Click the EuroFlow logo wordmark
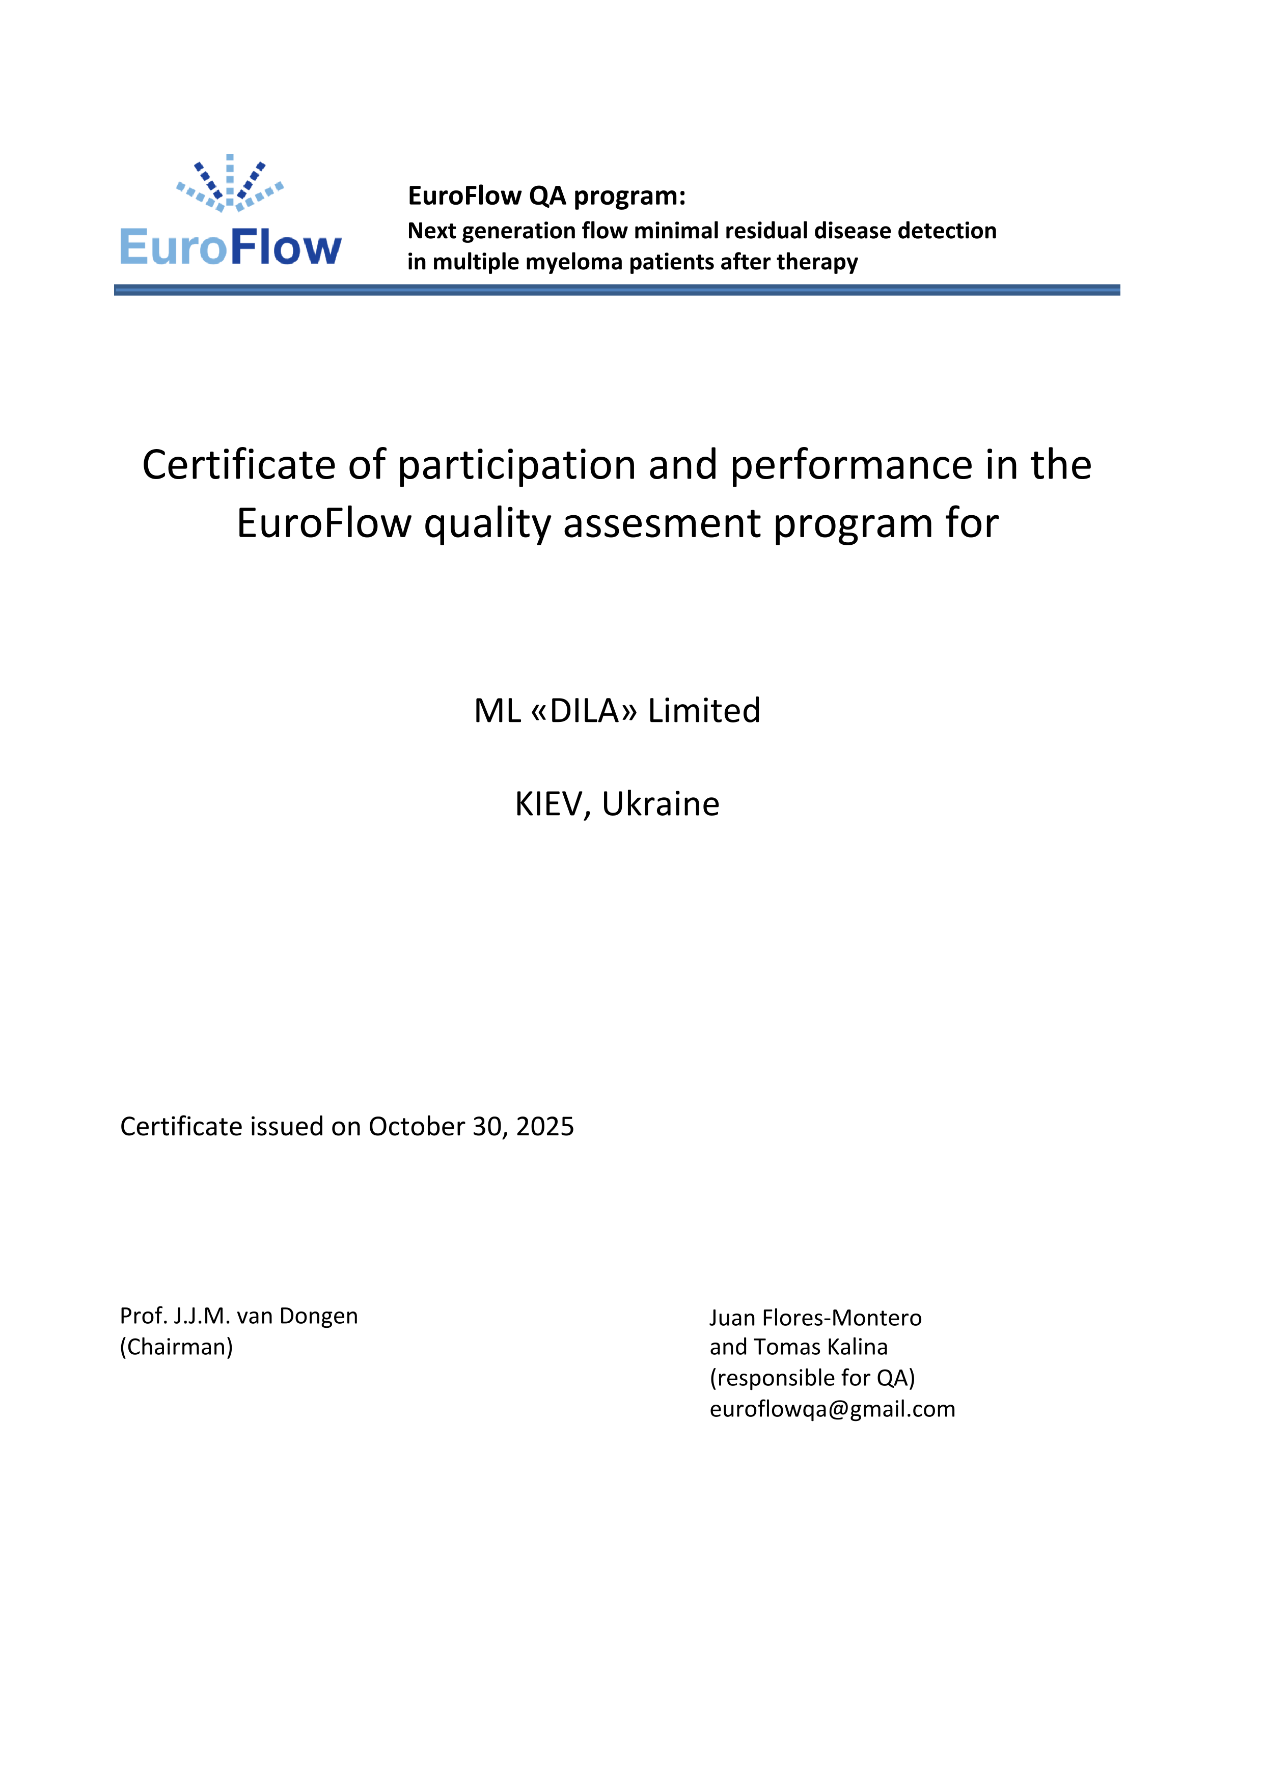[230, 247]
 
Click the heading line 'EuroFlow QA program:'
[547, 196]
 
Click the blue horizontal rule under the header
[617, 290]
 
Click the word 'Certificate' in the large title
[239, 466]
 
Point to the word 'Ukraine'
[661, 804]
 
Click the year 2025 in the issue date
[544, 1127]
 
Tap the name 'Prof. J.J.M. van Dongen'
[239, 1316]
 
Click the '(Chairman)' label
[177, 1347]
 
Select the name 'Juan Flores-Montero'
[815, 1318]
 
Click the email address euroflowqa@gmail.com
[832, 1409]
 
